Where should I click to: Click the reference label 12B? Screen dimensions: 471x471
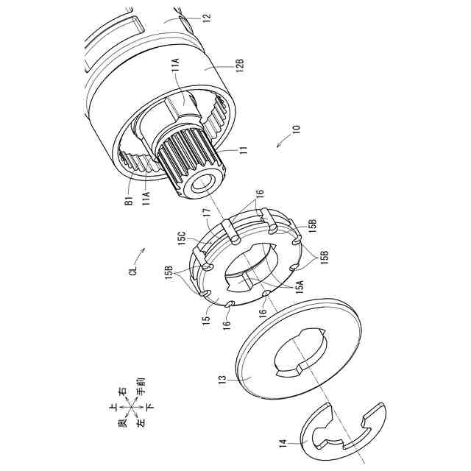click(240, 65)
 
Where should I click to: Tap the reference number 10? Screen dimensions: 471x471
click(296, 129)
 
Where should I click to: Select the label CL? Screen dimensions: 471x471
click(134, 270)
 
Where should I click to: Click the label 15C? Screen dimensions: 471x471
click(183, 238)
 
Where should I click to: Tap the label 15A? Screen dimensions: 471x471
click(300, 286)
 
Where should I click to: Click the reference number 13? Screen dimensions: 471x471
click(224, 379)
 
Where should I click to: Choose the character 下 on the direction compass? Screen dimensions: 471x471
click(150, 407)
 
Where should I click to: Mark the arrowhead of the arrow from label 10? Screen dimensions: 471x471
click(278, 146)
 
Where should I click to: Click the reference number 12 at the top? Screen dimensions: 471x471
click(208, 16)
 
